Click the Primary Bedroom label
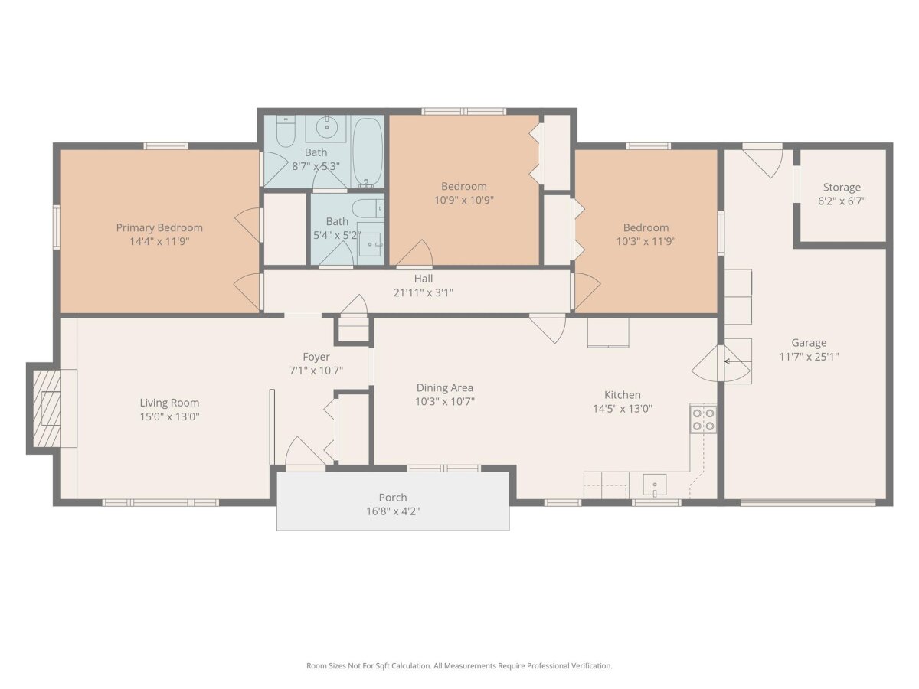(159, 227)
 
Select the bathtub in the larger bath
(367, 152)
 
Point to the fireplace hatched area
(47, 408)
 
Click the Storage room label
(842, 187)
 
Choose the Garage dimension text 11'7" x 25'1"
(809, 357)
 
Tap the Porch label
(393, 498)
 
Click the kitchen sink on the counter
(654, 485)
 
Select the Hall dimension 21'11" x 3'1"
(424, 292)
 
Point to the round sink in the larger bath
(326, 127)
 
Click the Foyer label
(316, 357)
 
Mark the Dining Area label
(445, 388)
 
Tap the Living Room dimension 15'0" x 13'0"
(169, 416)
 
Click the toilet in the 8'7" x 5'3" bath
(286, 132)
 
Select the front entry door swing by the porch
(305, 452)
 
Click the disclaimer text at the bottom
(459, 665)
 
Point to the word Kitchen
(622, 394)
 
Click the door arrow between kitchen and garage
(728, 361)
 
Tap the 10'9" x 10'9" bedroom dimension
(464, 200)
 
